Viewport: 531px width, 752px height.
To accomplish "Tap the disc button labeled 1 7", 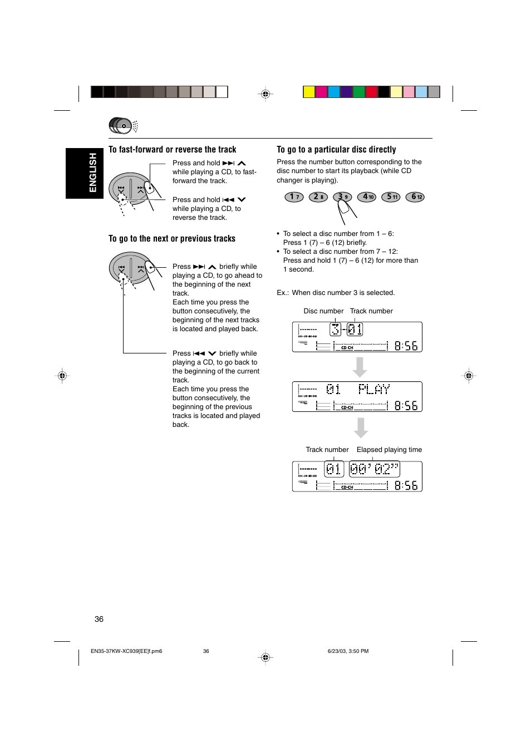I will coord(294,197).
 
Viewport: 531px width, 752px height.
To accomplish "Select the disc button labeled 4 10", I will coord(366,197).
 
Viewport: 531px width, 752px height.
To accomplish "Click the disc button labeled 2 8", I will coord(318,197).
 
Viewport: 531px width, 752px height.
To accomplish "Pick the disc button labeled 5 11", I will coord(391,197).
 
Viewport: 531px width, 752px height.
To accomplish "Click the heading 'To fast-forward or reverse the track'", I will coord(172,150).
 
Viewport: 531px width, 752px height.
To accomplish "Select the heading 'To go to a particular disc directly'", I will coord(336,150).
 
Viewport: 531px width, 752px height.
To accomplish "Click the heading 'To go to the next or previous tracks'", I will coord(171,239).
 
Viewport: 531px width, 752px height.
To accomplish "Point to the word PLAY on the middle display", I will coord(373,389).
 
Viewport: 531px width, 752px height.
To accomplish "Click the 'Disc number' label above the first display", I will coord(323,311).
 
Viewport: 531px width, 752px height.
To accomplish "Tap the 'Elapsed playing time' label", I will coord(389,450).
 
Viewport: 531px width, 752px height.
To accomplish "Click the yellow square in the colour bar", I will coord(309,92).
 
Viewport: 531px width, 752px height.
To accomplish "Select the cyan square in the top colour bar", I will coord(334,92).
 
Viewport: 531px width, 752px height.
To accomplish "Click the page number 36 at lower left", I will coord(99,619).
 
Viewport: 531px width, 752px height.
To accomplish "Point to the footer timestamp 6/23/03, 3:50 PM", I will coord(348,651).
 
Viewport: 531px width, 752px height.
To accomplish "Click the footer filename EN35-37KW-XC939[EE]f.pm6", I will coord(126,651).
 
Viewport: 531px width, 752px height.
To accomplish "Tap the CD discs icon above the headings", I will coord(122,126).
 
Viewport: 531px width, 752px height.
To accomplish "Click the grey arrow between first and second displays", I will coord(360,367).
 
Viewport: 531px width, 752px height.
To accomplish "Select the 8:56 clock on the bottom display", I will coord(406,485).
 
